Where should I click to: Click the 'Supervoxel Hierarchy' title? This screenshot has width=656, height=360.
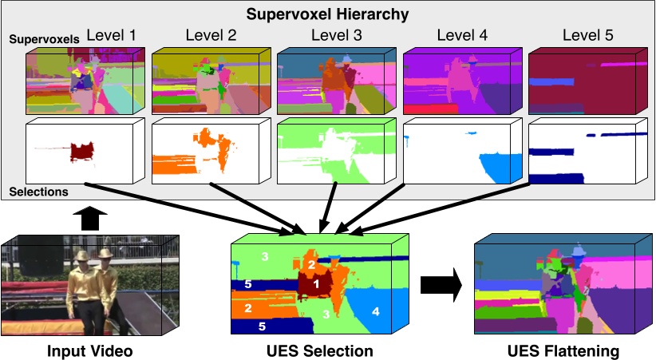327,14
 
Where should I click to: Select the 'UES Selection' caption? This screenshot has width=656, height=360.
320,350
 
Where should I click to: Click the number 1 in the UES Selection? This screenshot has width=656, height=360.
316,283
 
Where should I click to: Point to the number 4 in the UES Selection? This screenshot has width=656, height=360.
375,310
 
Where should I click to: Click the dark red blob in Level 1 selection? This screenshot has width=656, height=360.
81,151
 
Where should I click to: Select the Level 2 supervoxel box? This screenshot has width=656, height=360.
203,81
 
